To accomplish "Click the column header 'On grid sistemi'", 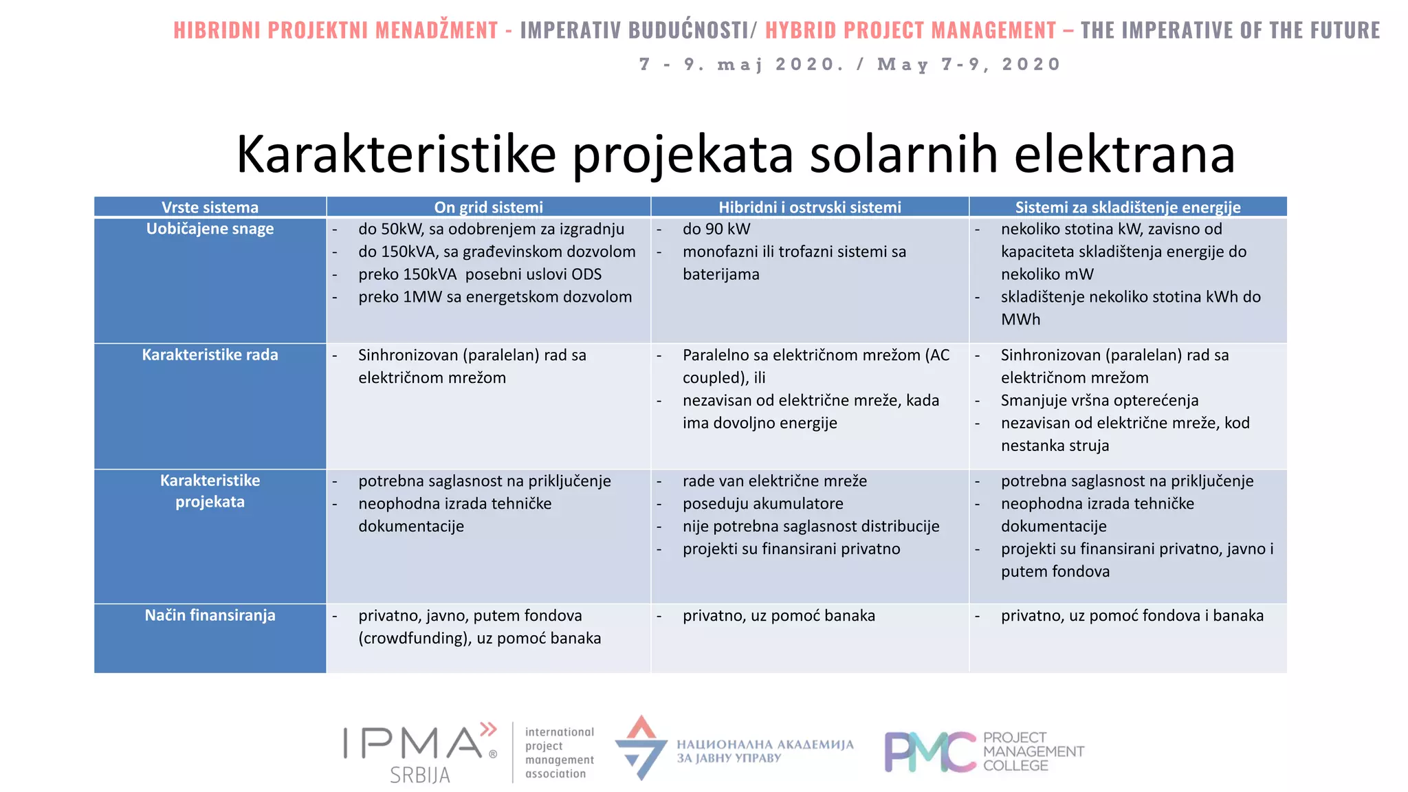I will pyautogui.click(x=488, y=207).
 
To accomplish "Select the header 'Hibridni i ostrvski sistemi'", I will pyautogui.click(x=809, y=207).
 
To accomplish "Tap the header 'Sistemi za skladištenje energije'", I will pyautogui.click(x=1127, y=207).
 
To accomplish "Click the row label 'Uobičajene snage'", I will pyautogui.click(x=210, y=229).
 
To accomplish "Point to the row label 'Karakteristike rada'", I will pyautogui.click(x=210, y=355).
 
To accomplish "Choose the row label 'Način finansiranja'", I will pyautogui.click(x=210, y=615).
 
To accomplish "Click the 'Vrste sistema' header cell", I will pyautogui.click(x=210, y=207).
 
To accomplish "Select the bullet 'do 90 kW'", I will pyautogui.click(x=716, y=229).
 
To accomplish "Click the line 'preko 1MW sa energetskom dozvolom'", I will pyautogui.click(x=495, y=297).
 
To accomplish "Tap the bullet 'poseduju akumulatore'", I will pyautogui.click(x=762, y=504).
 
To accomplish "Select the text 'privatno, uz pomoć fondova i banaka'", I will pyautogui.click(x=1132, y=615).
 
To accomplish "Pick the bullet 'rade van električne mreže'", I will pyautogui.click(x=774, y=481).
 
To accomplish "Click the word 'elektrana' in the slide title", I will pyautogui.click(x=1124, y=154).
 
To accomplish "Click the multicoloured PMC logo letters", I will pyautogui.click(x=929, y=752).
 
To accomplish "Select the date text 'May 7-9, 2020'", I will pyautogui.click(x=969, y=65).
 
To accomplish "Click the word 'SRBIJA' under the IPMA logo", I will pyautogui.click(x=419, y=775).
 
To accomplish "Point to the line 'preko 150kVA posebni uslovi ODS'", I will pyautogui.click(x=479, y=274).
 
